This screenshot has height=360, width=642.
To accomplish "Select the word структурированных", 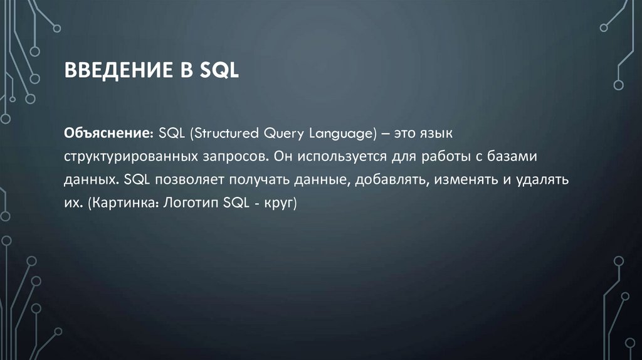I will point(134,156).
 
